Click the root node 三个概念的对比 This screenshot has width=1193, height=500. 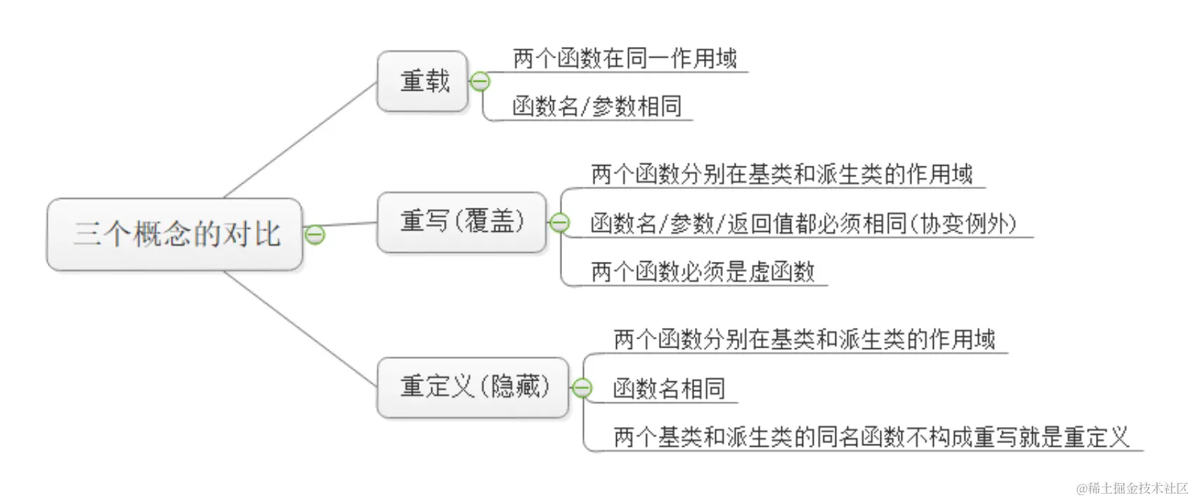tap(175, 235)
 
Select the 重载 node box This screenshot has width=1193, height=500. tap(423, 81)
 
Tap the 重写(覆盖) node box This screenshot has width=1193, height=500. tap(462, 222)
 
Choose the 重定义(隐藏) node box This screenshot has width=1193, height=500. tap(473, 387)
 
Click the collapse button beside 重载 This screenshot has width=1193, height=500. tap(480, 82)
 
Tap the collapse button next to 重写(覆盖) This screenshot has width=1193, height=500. tap(559, 223)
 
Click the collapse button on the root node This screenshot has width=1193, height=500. tap(315, 235)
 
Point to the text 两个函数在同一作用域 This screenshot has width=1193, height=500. tap(624, 58)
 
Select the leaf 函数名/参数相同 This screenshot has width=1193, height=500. tap(596, 107)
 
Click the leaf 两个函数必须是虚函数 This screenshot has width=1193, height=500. tap(702, 272)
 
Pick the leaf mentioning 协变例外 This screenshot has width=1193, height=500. tap(803, 224)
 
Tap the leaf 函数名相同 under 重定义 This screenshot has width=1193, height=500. tap(668, 388)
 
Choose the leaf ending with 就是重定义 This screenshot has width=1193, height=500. tap(871, 438)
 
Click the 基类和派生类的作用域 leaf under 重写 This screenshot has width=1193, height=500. tap(781, 174)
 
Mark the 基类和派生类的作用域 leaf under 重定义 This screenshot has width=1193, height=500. tap(804, 340)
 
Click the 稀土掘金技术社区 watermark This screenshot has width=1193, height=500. tap(1131, 488)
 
